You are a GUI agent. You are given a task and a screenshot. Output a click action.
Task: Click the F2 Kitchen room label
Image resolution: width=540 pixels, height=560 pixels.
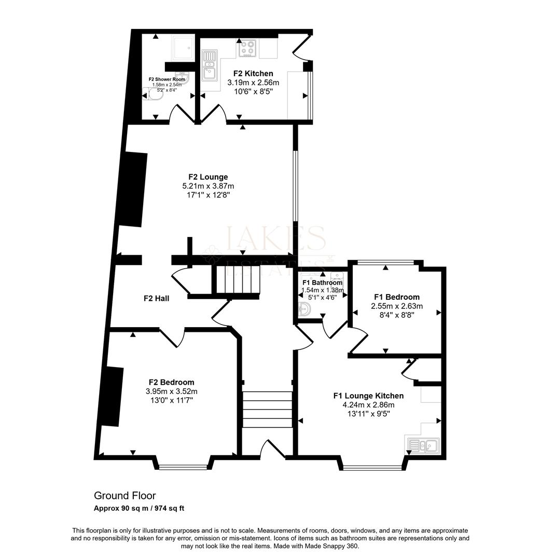253,74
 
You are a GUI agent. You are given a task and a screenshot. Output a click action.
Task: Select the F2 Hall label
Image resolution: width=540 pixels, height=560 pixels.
156,299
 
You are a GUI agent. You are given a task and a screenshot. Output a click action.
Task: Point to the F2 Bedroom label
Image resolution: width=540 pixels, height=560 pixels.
171,383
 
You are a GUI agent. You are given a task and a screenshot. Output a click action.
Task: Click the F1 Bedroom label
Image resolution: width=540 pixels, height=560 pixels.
396,297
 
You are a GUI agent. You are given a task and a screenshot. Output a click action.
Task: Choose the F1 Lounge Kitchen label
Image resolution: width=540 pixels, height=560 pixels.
368,396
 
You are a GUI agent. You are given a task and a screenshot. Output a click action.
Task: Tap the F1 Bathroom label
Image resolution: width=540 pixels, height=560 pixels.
322,283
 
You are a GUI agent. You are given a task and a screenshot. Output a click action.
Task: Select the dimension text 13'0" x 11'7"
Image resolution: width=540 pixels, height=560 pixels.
171,400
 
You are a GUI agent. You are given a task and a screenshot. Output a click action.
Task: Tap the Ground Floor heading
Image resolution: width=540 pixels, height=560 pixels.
124,496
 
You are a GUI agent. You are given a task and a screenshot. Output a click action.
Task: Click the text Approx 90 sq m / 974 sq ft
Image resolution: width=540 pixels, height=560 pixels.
139,508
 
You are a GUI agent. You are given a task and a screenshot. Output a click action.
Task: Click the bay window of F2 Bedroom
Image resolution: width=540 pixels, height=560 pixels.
184,467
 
